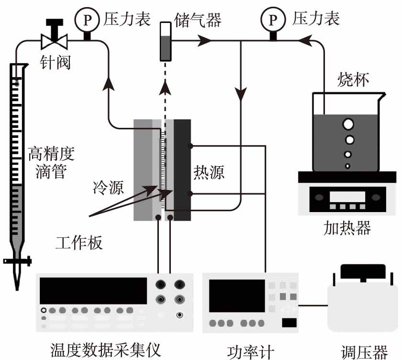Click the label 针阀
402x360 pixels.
pyautogui.click(x=56, y=61)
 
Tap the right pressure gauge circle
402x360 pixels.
pyautogui.click(x=272, y=20)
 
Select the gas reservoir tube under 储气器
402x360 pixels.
pyautogui.click(x=166, y=42)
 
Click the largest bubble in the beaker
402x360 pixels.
pyautogui.click(x=347, y=124)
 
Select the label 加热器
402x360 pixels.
pyautogui.click(x=347, y=227)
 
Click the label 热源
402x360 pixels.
pyautogui.click(x=209, y=171)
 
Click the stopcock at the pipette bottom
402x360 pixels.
pyautogui.click(x=17, y=261)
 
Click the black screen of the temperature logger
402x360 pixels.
pyautogui.click(x=93, y=291)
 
